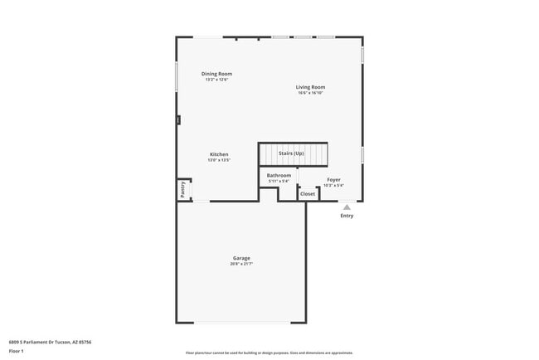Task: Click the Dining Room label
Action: pos(216,74)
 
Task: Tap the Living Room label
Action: pos(311,87)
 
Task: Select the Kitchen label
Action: pos(219,154)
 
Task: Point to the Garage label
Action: pos(241,258)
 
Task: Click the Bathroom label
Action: pos(279,175)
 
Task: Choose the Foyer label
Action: pos(333,179)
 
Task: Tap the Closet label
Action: pos(308,193)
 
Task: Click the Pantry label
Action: pos(182,190)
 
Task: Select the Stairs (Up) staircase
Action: pos(293,154)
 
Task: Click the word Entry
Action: pos(347,216)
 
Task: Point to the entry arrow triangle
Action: pos(347,207)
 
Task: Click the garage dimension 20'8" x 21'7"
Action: pos(241,264)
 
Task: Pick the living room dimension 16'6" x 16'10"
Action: pos(311,93)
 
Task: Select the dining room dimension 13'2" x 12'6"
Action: pos(216,80)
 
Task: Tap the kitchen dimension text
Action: pos(219,160)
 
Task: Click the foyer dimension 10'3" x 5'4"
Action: pos(333,185)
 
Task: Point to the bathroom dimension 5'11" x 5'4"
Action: pos(279,181)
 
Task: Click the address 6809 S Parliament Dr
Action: pos(50,341)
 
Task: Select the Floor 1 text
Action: pos(16,351)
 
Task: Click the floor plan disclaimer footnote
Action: pos(269,353)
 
